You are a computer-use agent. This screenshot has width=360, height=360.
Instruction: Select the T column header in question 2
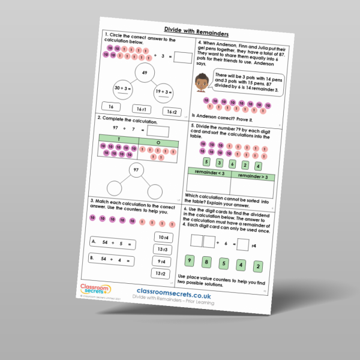point(118,140)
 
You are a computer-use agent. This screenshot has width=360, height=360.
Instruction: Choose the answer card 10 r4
point(163,237)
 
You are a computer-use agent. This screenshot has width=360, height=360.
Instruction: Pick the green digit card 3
point(219,163)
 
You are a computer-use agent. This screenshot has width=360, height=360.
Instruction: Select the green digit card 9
point(189,260)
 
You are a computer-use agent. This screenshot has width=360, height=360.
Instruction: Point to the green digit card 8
point(206,262)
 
